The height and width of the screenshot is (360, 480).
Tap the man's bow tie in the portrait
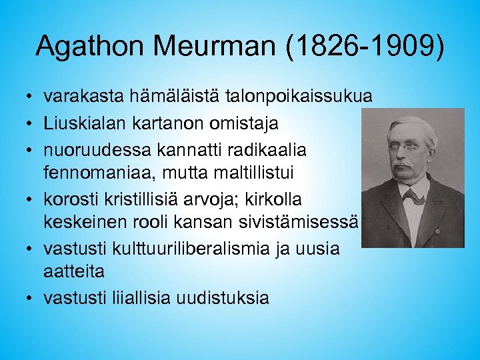(412, 196)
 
